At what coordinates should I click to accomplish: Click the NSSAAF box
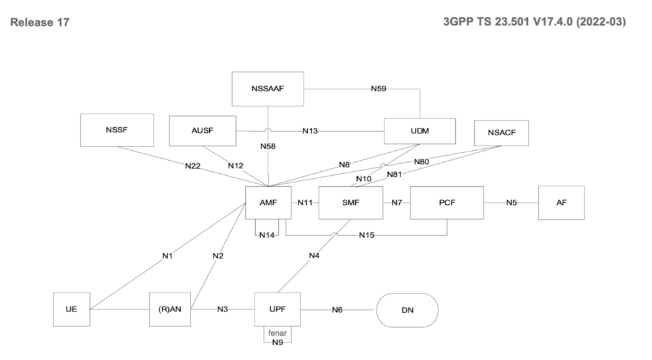click(x=268, y=89)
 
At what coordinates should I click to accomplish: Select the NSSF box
click(x=117, y=130)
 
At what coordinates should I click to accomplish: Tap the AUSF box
click(x=202, y=131)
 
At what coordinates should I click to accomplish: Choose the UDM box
click(x=420, y=131)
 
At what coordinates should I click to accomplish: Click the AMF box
click(x=268, y=202)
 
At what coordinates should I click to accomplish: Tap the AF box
click(x=561, y=202)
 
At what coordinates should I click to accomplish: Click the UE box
click(x=71, y=308)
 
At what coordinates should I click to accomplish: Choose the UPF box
click(x=278, y=308)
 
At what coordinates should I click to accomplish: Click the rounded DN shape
click(x=407, y=308)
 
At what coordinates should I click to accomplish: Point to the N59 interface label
click(x=379, y=89)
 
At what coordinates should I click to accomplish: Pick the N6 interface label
click(x=337, y=308)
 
